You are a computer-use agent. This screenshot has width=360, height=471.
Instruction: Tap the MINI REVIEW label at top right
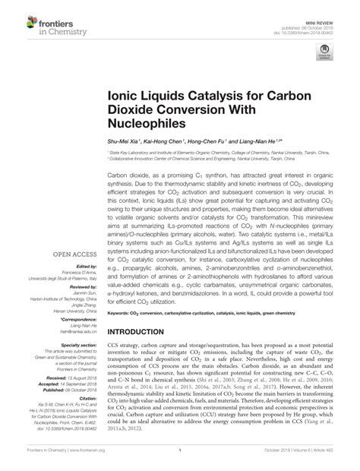[x=329, y=8]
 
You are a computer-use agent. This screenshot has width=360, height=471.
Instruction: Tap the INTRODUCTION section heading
[x=143, y=333]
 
